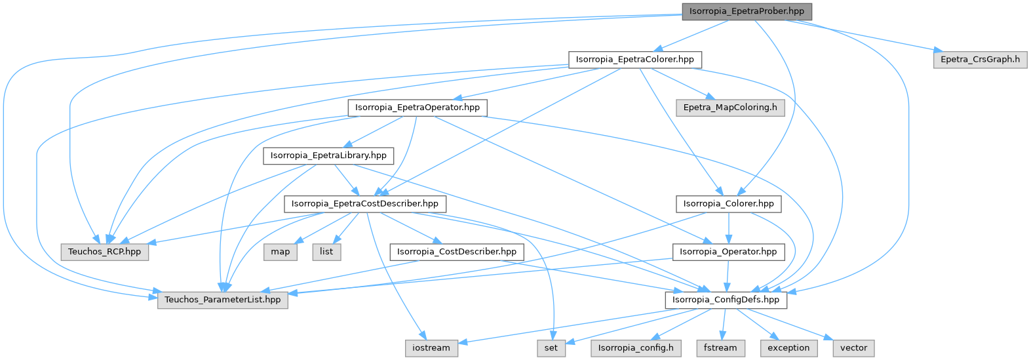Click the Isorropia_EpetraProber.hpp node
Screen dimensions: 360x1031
(x=747, y=12)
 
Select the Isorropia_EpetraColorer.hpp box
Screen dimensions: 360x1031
(x=634, y=60)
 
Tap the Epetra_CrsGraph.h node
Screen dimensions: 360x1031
(x=980, y=60)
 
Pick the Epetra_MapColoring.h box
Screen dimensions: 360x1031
(x=730, y=108)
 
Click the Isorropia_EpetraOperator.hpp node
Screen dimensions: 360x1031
(x=417, y=108)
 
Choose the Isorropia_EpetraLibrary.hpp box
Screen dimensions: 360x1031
(x=328, y=156)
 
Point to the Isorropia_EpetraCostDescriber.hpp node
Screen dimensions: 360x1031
(x=365, y=204)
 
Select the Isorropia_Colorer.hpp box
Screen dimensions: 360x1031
(x=729, y=204)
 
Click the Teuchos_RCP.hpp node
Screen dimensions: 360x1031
(x=105, y=252)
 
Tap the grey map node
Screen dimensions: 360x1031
(x=281, y=252)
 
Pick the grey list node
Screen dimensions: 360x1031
(x=326, y=252)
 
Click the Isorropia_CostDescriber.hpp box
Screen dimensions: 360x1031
(x=456, y=252)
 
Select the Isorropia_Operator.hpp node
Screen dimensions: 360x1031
(x=728, y=252)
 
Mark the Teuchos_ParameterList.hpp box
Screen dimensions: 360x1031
(x=222, y=300)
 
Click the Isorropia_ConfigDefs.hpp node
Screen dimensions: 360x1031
(x=726, y=300)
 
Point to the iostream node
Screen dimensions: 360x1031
(x=431, y=348)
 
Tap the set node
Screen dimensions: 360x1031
(x=551, y=348)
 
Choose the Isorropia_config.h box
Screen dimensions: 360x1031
(x=636, y=348)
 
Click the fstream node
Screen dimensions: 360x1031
(x=720, y=348)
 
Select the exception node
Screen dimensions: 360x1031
(x=788, y=348)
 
